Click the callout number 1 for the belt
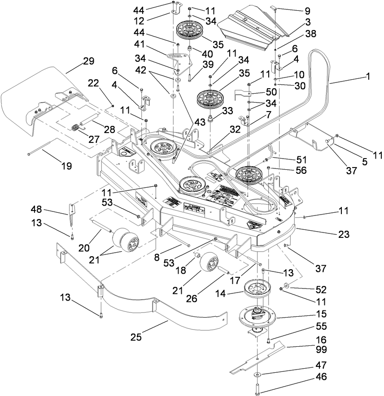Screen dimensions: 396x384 coord(368,77)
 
